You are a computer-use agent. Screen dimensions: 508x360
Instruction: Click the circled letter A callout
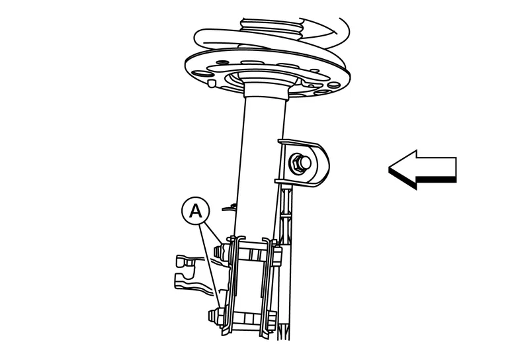point(195,211)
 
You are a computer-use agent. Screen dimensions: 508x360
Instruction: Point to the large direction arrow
point(423,169)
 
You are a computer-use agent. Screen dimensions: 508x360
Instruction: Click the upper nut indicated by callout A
point(220,250)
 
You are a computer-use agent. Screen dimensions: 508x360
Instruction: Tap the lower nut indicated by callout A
point(215,316)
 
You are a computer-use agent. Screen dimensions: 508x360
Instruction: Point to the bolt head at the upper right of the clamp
point(276,255)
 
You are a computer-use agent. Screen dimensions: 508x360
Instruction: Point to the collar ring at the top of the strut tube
point(267,92)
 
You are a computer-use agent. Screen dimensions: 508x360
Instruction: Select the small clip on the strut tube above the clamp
point(230,206)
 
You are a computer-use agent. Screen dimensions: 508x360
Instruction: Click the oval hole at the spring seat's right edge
point(333,85)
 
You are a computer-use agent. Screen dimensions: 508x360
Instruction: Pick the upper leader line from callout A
point(211,234)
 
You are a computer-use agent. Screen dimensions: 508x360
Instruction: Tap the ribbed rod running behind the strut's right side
point(285,259)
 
